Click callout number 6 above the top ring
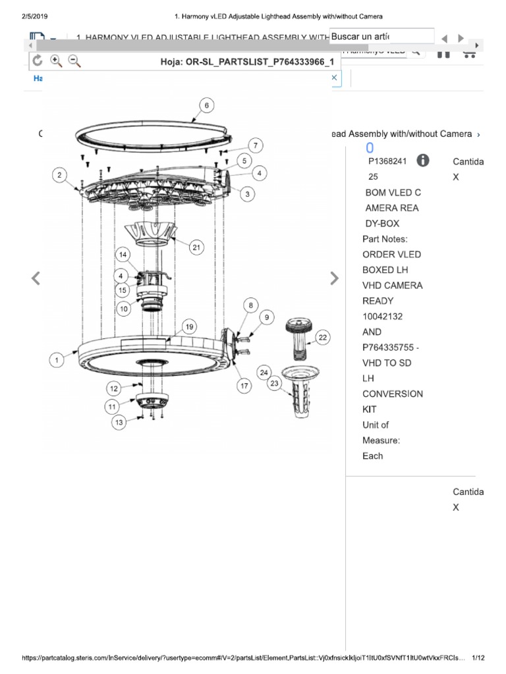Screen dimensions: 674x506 [206, 105]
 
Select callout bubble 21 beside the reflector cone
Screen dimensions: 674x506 [196, 247]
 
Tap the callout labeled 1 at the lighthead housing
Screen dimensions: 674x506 [57, 359]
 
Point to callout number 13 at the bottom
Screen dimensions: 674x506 [119, 423]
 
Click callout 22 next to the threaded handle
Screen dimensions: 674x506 [322, 338]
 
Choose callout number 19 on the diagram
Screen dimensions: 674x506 [189, 326]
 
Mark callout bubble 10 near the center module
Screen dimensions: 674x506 [124, 308]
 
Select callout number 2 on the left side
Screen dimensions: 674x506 [60, 175]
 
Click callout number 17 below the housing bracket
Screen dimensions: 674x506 [245, 386]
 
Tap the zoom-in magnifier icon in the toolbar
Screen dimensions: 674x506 [56, 61]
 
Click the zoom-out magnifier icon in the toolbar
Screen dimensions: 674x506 [74, 61]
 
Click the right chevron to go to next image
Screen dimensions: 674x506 [334, 278]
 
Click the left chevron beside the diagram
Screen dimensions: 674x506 [36, 278]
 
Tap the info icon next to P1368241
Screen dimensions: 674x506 [422, 161]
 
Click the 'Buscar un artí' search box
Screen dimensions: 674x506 [381, 36]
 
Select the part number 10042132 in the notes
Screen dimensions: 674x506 [383, 316]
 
